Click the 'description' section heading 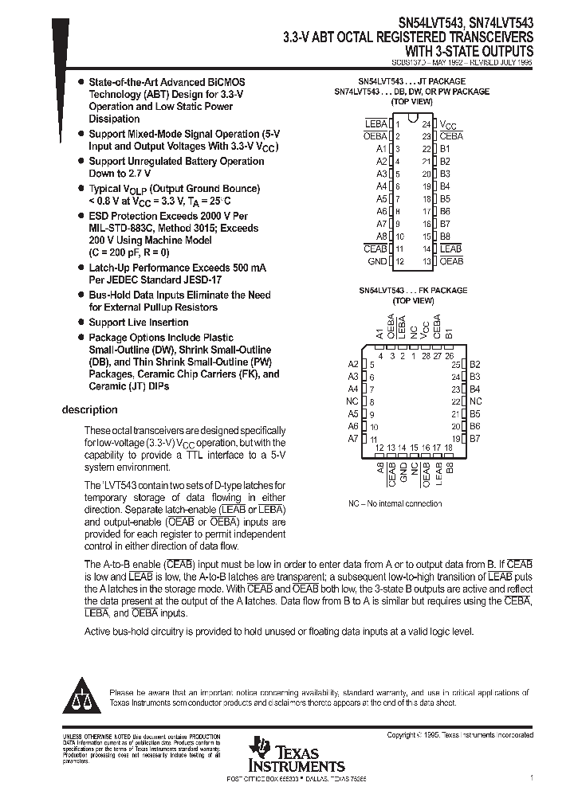click(x=89, y=410)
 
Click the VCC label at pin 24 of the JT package click(x=450, y=125)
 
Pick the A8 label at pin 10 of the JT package click(x=380, y=237)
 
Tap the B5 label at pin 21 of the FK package click(x=475, y=414)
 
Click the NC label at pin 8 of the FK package click(x=352, y=401)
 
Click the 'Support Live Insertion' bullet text click(x=138, y=323)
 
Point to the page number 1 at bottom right click(x=531, y=776)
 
